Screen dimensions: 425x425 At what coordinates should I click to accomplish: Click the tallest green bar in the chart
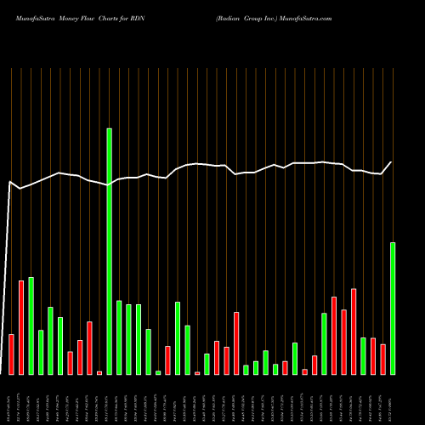109,251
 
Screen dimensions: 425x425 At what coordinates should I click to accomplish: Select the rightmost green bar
393,309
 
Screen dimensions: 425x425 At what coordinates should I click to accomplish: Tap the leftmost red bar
11,354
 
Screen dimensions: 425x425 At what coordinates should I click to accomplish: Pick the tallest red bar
20,327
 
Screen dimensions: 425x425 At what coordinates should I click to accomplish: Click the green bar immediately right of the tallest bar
119,337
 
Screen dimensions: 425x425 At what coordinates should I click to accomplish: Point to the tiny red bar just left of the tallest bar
99,372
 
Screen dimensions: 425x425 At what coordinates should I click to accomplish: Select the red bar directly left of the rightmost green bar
382,360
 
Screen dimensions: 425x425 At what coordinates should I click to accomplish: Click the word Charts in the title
110,17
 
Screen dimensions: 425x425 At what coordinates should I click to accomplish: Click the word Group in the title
234,17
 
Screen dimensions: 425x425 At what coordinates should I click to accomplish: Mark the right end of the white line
392,162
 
